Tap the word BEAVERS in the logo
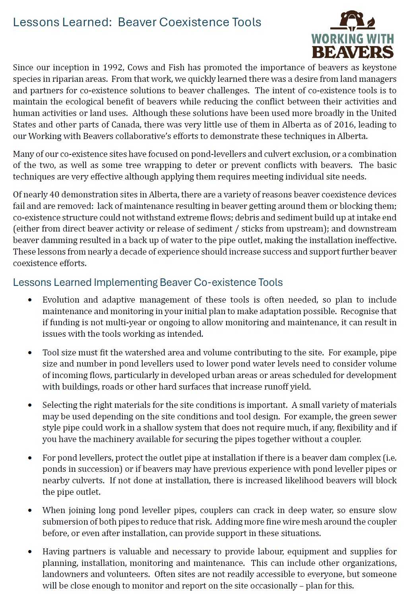tap(353, 52)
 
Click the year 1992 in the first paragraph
tap(112, 67)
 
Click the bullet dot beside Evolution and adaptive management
tap(30, 300)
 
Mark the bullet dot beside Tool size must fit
tap(30, 353)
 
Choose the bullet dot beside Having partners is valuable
tap(30, 552)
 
